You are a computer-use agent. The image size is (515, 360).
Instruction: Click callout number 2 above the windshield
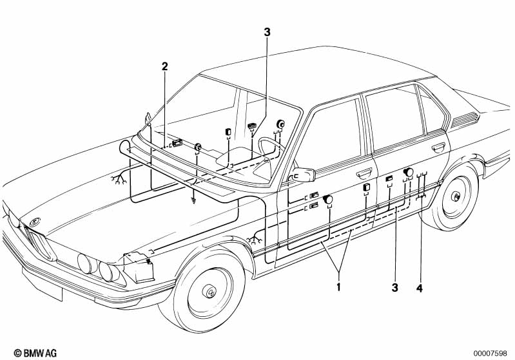click(164, 66)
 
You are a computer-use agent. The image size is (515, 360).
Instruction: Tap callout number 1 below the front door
click(338, 287)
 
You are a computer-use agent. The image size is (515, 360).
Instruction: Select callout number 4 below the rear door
click(420, 288)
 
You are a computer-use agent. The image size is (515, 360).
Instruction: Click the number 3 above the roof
click(267, 32)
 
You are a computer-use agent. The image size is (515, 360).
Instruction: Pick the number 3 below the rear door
click(394, 288)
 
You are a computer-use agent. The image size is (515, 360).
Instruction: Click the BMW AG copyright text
click(35, 353)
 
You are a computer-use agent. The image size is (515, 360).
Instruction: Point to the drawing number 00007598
click(490, 354)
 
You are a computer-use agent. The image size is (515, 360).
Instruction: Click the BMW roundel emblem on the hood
click(34, 222)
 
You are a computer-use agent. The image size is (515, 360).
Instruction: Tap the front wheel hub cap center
click(210, 290)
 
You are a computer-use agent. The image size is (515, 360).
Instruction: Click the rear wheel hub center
click(456, 196)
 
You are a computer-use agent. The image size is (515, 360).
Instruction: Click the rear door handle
click(438, 147)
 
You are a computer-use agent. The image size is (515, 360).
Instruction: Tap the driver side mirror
click(304, 175)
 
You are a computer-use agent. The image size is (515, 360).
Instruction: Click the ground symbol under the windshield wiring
click(194, 201)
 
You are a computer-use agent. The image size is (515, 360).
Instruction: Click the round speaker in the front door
click(328, 199)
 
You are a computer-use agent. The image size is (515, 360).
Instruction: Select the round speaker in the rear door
click(408, 172)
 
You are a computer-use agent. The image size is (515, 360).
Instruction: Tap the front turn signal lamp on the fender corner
click(139, 267)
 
